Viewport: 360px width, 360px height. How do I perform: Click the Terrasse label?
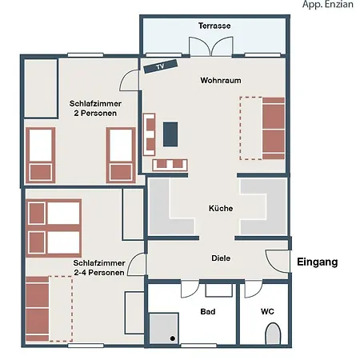tap(214, 26)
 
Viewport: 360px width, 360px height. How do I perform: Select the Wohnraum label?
tap(221, 81)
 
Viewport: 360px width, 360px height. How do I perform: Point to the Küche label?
tap(221, 208)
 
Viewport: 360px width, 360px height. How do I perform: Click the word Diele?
tap(221, 258)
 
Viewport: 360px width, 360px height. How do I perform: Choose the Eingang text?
tap(318, 262)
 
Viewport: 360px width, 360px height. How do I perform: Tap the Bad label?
tap(208, 311)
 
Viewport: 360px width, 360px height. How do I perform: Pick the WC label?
tap(267, 311)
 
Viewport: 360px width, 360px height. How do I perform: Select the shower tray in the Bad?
tap(164, 329)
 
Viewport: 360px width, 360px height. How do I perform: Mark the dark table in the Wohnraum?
tap(170, 134)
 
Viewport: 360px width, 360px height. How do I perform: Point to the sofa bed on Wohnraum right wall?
tap(272, 127)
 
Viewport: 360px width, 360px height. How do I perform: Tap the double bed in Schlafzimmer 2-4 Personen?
tap(54, 227)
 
